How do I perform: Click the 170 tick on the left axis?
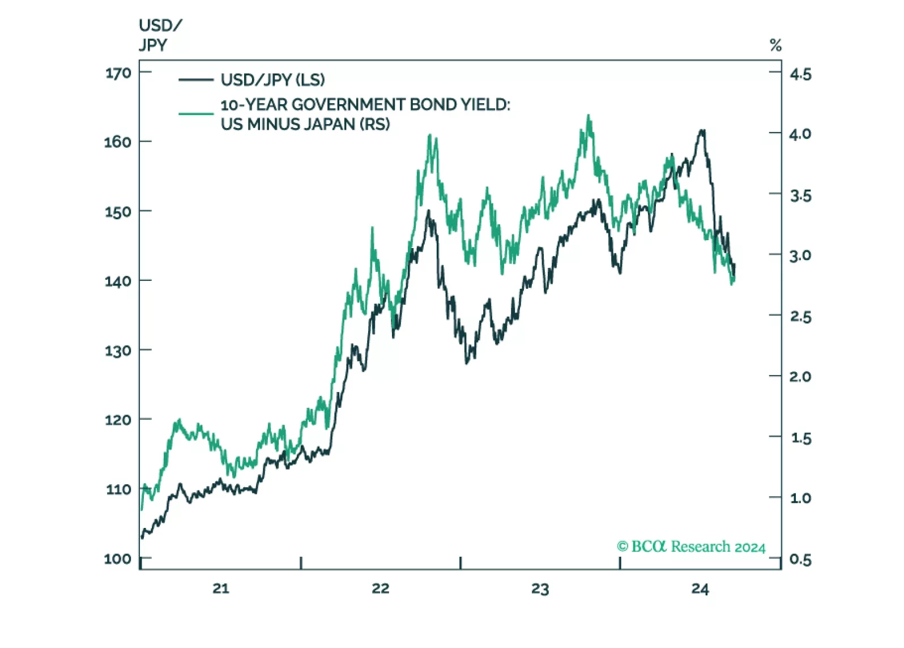click(x=118, y=73)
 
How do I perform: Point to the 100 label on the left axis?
click(x=118, y=559)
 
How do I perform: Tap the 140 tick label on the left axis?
click(x=118, y=281)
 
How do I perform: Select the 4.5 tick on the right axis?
click(x=800, y=74)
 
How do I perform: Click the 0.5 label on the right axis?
click(x=800, y=560)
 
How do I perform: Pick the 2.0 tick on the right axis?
click(x=800, y=377)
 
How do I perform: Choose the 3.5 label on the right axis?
click(x=800, y=196)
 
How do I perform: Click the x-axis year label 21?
click(x=221, y=589)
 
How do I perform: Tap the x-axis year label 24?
click(x=700, y=589)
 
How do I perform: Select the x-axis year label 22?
click(x=381, y=589)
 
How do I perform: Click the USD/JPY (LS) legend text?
click(x=272, y=80)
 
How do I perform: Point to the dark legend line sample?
click(x=195, y=80)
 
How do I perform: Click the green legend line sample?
click(x=195, y=114)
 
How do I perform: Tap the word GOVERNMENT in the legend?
click(x=349, y=105)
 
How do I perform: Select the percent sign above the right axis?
click(x=775, y=45)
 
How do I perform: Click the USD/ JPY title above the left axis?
click(x=160, y=35)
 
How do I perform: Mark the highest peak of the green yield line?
click(x=589, y=116)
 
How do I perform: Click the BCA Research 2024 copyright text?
click(x=691, y=547)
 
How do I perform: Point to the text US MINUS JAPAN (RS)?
click(x=305, y=124)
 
